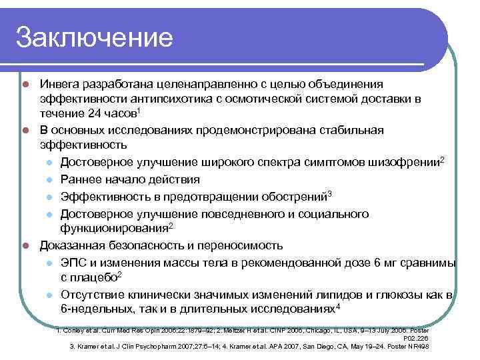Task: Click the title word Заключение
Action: (x=94, y=37)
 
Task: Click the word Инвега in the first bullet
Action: (x=59, y=85)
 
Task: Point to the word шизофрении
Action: (x=406, y=163)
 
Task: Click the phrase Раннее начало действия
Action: (x=129, y=179)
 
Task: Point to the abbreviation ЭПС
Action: (x=72, y=262)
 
